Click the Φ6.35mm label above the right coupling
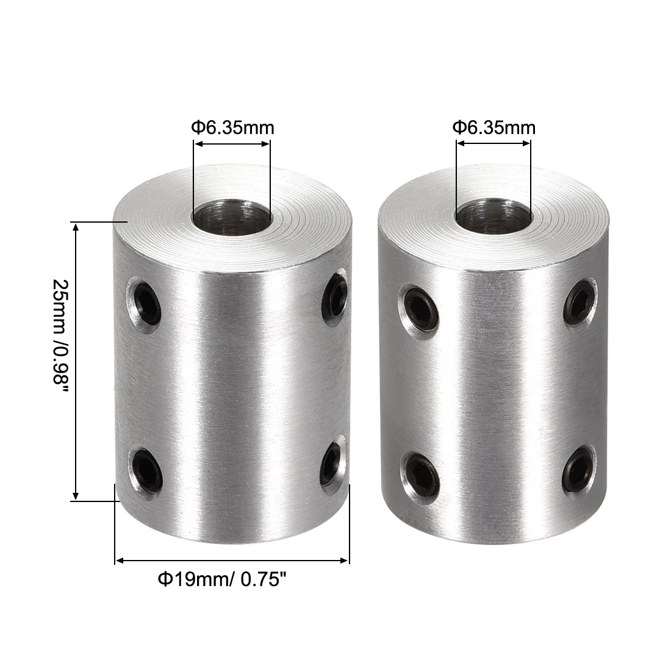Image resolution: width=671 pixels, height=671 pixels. [494, 128]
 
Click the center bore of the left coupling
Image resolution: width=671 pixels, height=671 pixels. [231, 218]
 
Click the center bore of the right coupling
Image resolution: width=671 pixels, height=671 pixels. [493, 218]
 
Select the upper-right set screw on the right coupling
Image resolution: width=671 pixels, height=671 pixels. [579, 297]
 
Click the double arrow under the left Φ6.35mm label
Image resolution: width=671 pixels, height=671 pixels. [231, 144]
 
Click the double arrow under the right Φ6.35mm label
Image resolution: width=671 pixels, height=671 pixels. [493, 144]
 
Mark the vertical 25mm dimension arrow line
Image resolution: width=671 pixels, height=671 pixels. [76, 361]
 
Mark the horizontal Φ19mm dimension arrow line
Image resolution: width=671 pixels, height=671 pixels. [232, 559]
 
